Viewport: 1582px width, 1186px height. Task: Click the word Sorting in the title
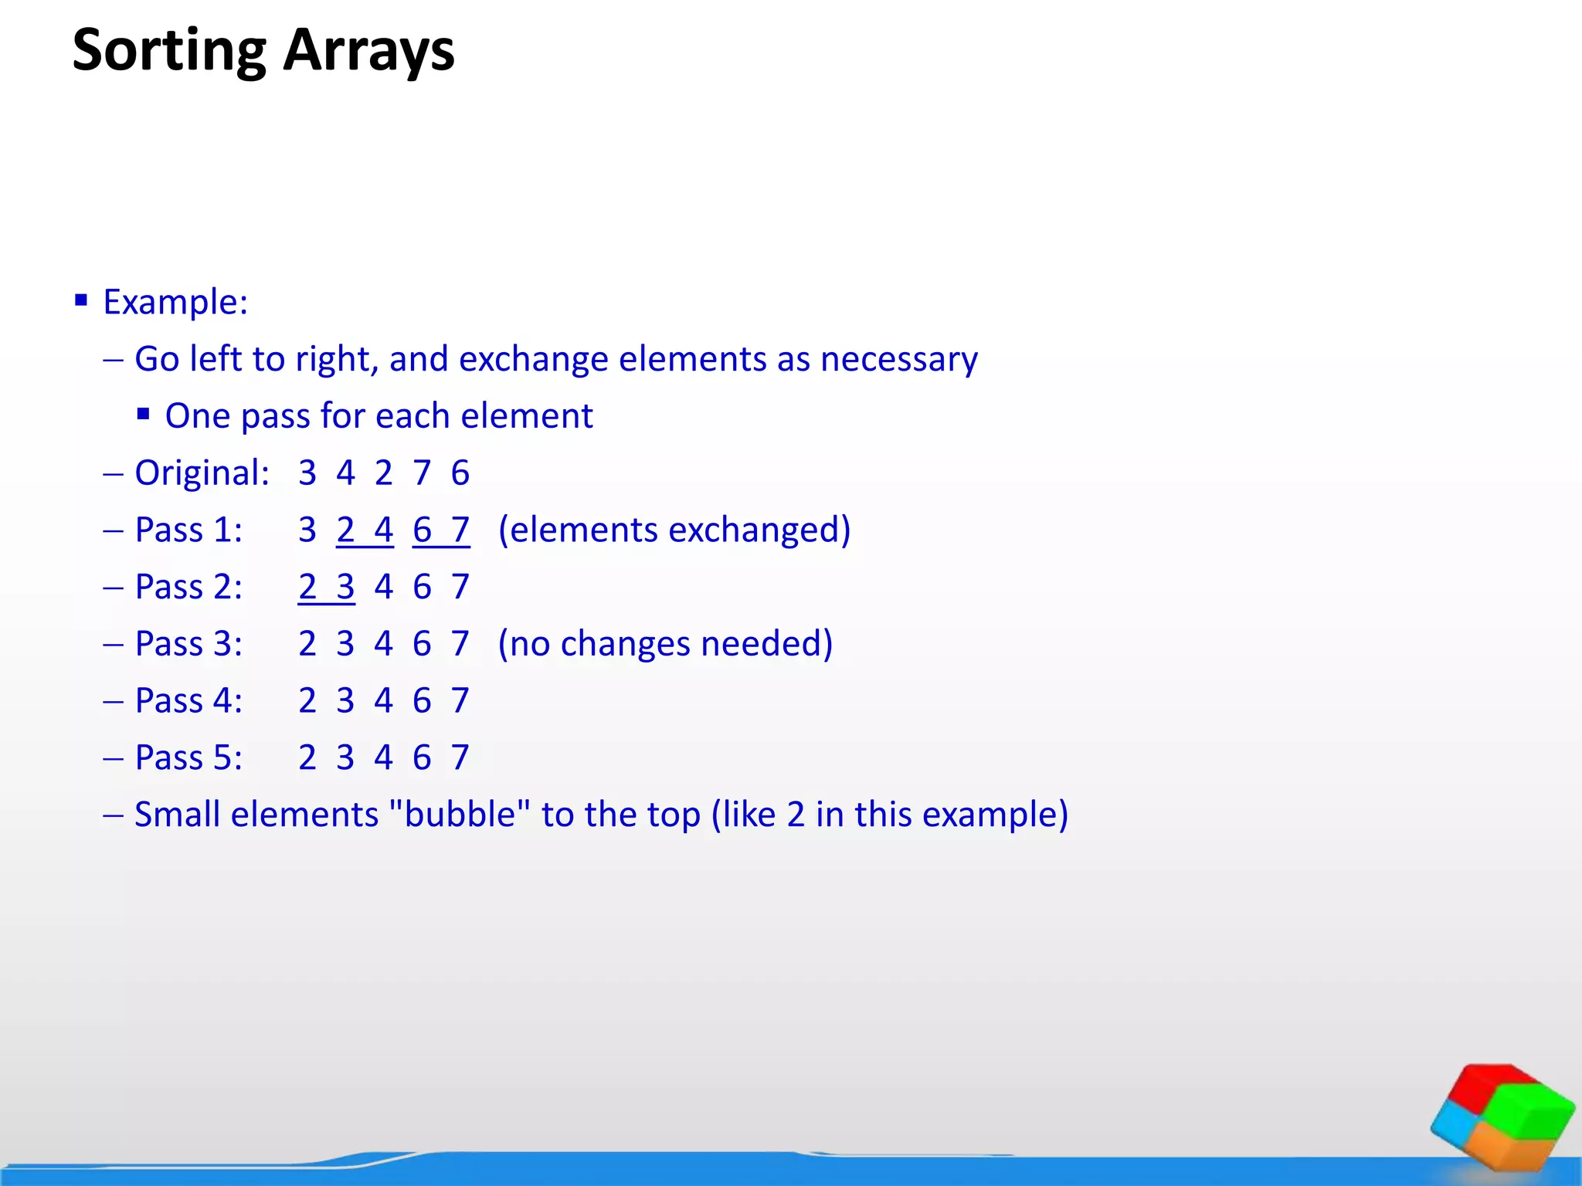coord(168,51)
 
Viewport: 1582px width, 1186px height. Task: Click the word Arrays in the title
coord(368,51)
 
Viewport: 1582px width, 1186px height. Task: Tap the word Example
coord(175,302)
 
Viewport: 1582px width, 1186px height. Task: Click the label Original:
coord(202,473)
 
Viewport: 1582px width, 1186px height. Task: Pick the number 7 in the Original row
coord(422,473)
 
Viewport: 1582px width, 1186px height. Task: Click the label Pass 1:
coord(188,530)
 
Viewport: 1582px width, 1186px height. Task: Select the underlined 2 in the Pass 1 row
coord(345,530)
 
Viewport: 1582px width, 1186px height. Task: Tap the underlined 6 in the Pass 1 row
coord(422,530)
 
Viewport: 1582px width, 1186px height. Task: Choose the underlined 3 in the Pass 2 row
coord(345,587)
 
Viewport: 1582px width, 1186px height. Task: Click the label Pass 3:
coord(188,644)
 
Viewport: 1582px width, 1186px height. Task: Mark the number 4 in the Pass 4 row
coord(383,701)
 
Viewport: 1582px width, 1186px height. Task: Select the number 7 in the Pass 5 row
coord(460,757)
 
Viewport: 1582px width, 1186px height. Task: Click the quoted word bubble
coord(460,815)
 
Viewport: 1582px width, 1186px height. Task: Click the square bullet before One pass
coord(143,415)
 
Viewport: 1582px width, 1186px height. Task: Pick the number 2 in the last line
coord(796,815)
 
